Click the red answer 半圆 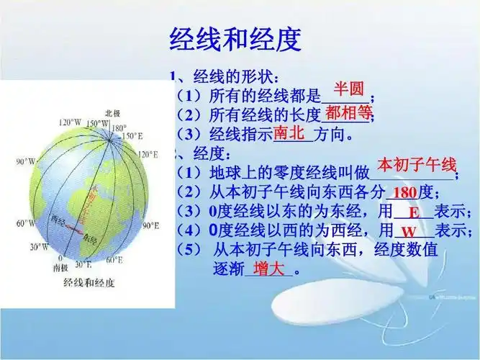click(x=348, y=89)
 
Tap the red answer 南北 click(x=290, y=133)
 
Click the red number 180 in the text click(x=405, y=192)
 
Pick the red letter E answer click(x=414, y=213)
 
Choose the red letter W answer click(x=409, y=233)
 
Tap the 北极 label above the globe click(x=113, y=113)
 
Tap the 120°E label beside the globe click(x=148, y=154)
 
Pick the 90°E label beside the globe click(x=150, y=225)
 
